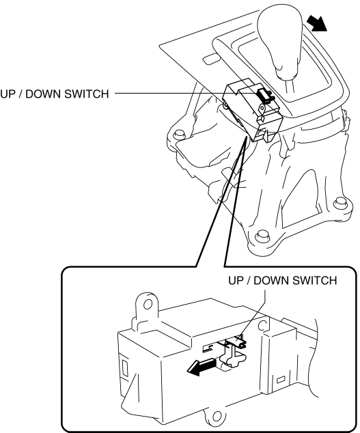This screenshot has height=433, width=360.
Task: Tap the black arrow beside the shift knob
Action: tap(317, 23)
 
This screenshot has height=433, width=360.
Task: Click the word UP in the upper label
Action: tap(8, 94)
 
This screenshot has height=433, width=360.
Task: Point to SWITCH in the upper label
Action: tap(87, 94)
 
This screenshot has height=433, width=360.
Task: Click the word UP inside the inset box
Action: tap(235, 281)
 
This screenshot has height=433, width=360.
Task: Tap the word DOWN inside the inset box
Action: tap(271, 281)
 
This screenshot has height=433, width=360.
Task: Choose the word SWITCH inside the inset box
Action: tap(315, 281)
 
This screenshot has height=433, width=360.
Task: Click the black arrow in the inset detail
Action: tap(201, 367)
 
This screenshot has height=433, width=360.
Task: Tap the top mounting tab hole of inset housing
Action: tap(148, 305)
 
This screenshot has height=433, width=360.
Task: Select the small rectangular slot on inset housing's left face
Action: tap(125, 369)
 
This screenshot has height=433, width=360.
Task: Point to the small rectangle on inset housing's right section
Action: tap(281, 380)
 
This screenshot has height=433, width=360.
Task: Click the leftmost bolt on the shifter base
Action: tap(179, 135)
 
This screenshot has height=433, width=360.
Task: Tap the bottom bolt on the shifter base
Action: tap(261, 235)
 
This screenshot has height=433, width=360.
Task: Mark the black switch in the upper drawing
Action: tap(263, 96)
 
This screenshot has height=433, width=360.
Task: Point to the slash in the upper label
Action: tap(20, 94)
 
